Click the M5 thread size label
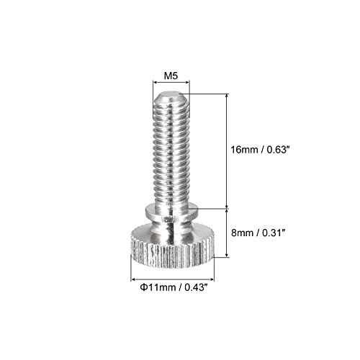[171, 76]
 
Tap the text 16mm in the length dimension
[245, 150]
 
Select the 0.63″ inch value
[277, 150]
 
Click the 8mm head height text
[242, 233]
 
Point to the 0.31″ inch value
[273, 233]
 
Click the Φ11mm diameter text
[158, 287]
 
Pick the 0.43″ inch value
[196, 287]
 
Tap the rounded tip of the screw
[171, 96]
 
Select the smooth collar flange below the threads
[171, 210]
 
